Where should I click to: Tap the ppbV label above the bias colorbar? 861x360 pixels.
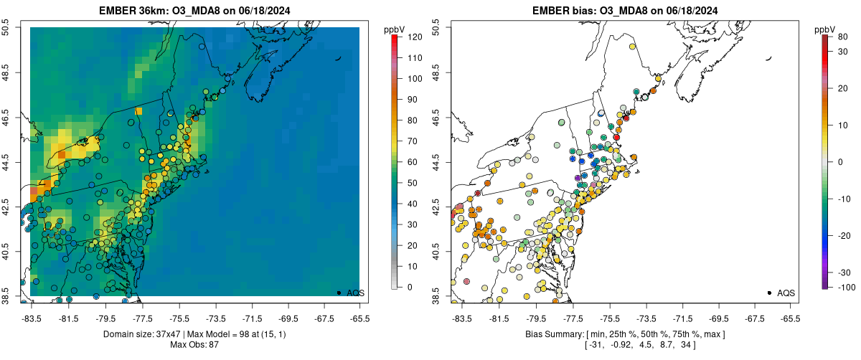[x=826, y=29]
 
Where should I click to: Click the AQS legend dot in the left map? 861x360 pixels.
[x=339, y=293]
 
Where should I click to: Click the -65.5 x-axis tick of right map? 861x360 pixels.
[x=790, y=318]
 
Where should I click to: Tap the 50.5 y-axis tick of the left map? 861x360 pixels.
[x=6, y=27]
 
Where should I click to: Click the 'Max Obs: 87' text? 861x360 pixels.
[x=195, y=345]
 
